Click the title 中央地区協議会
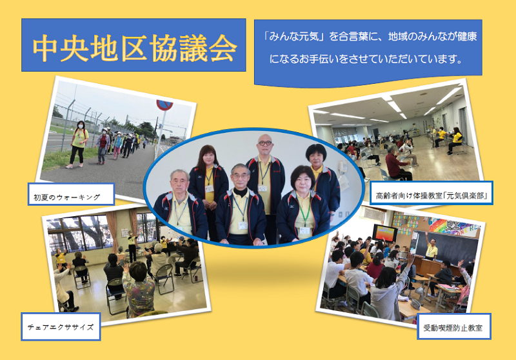(x=135, y=48)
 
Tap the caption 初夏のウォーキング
(x=67, y=197)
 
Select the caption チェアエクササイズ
(x=61, y=326)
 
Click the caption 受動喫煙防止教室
(x=453, y=328)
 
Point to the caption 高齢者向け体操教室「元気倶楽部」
(x=431, y=195)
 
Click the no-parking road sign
(x=164, y=105)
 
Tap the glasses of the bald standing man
(x=264, y=143)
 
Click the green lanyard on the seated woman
(x=304, y=211)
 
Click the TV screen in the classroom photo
(x=384, y=233)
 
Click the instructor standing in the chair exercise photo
(x=132, y=245)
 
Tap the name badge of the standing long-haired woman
(x=209, y=189)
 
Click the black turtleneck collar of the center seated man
(x=241, y=192)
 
